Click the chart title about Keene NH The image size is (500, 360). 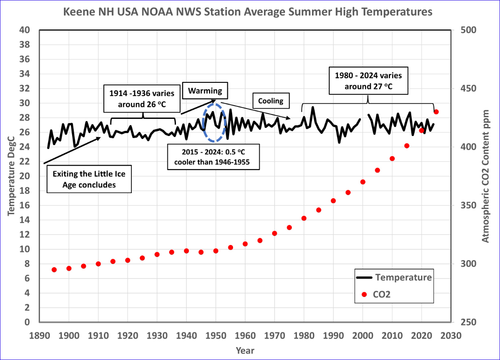click(x=248, y=12)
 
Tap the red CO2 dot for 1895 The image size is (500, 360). click(x=54, y=269)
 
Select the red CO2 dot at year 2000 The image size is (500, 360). click(x=363, y=182)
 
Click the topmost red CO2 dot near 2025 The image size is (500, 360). click(x=436, y=112)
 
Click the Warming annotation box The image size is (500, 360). click(x=205, y=91)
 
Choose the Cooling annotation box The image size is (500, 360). click(x=270, y=101)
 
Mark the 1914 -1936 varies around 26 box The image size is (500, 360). click(x=142, y=98)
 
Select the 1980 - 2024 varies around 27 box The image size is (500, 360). click(x=368, y=81)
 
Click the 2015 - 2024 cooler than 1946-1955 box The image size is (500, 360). click(x=213, y=157)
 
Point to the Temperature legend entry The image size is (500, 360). click(x=394, y=277)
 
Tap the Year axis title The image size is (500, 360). click(x=245, y=351)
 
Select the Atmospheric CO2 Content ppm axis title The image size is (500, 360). click(x=485, y=176)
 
